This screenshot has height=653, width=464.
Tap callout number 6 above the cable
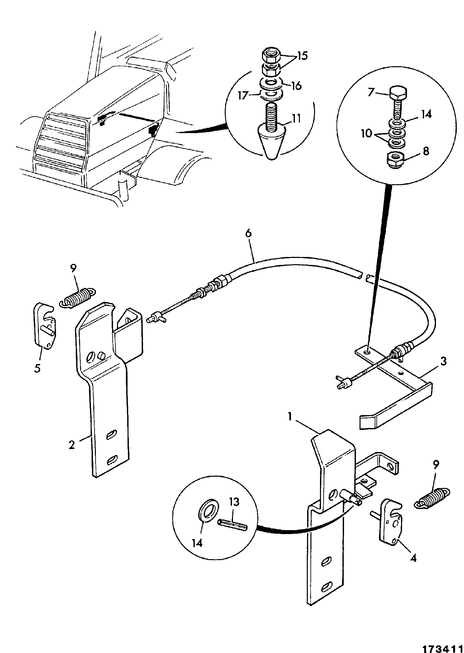pos(248,233)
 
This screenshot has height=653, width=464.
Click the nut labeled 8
pos(394,160)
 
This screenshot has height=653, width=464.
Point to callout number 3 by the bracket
pos(444,361)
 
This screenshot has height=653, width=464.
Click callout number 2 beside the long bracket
pos(71,445)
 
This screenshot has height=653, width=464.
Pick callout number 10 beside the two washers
pos(366,134)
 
